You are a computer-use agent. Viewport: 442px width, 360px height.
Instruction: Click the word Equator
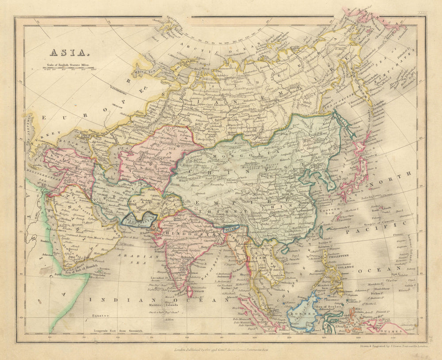100,316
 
